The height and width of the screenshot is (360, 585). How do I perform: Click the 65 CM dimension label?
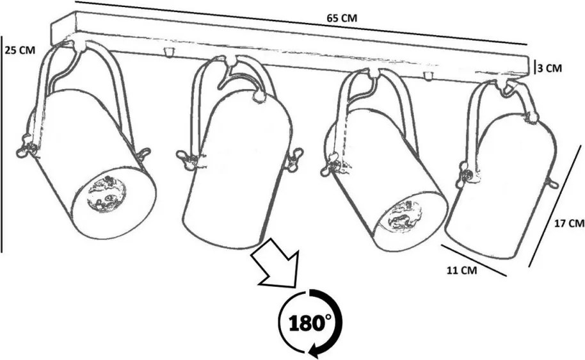point(342,17)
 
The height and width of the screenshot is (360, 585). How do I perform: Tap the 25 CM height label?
point(20,50)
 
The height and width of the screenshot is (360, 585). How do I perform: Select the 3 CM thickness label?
point(550,69)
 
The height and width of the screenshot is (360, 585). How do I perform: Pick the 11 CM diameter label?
point(462,270)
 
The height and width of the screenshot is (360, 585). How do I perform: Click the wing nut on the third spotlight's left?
point(331,165)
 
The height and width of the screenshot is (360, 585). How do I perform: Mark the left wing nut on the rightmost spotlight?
point(463,174)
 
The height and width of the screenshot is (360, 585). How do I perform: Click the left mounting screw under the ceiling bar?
point(168,52)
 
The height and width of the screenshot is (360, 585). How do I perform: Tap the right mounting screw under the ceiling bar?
point(428,76)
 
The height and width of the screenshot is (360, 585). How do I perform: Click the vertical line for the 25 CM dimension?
point(1,143)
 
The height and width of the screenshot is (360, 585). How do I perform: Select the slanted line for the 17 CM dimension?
point(555,206)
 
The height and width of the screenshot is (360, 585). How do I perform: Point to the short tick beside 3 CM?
point(535,68)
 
